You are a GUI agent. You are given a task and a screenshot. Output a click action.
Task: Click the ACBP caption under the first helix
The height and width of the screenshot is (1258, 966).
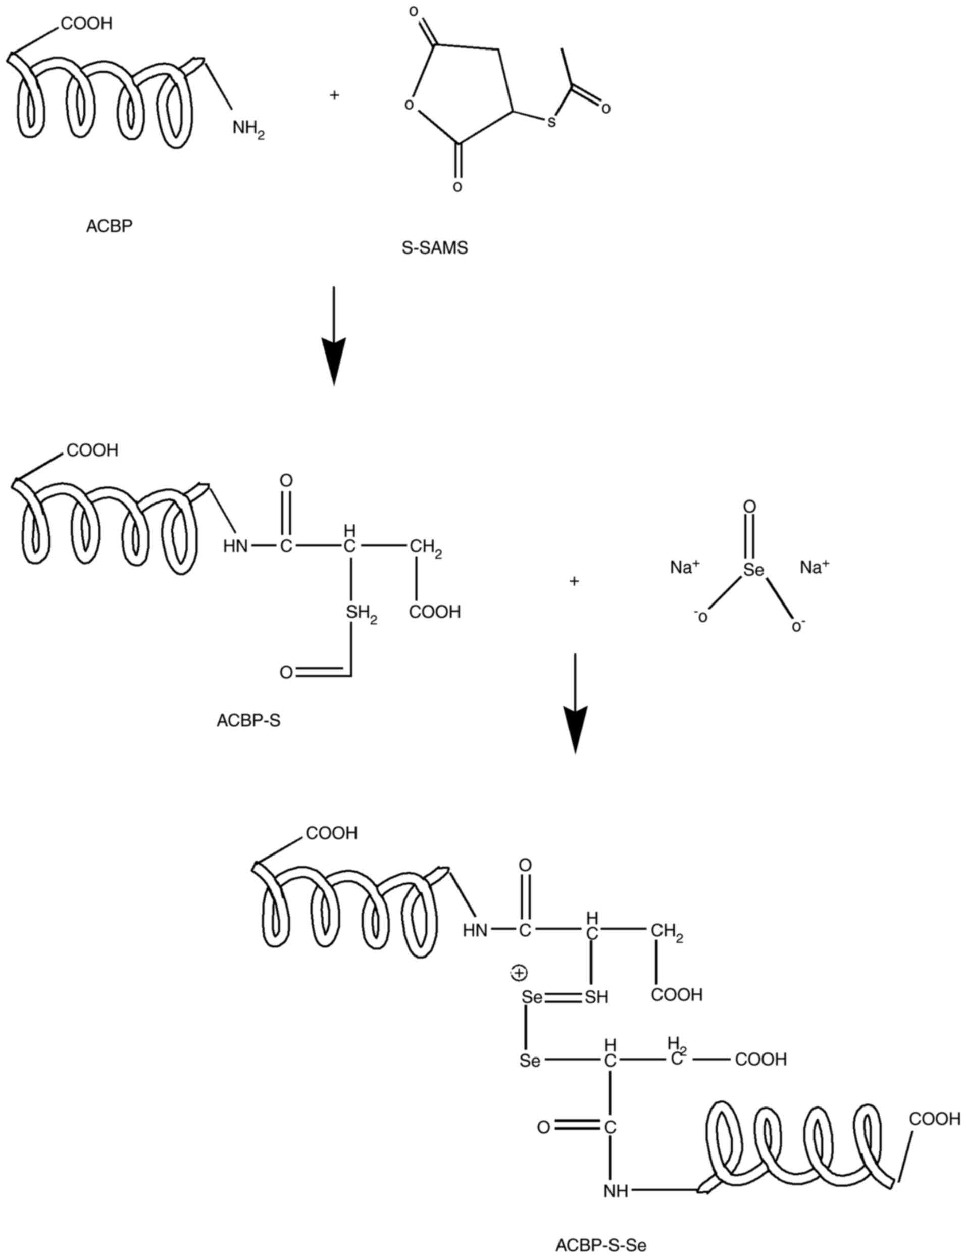point(109,226)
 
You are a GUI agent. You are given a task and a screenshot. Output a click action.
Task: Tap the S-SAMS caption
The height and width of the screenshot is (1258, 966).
point(435,248)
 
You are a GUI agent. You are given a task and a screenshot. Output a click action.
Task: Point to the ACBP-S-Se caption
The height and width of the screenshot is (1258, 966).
point(601,1241)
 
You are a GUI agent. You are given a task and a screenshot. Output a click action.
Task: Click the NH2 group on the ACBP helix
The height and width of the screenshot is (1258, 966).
point(248,128)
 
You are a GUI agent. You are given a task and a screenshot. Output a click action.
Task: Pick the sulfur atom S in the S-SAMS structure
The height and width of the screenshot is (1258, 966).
point(551,122)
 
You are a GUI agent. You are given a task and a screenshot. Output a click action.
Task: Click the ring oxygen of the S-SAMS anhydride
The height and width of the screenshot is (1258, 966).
point(409,105)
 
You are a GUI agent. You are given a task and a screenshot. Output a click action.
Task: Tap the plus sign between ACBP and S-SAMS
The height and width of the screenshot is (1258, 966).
point(334,95)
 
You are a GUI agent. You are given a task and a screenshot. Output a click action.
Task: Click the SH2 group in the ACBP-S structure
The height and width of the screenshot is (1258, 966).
point(361,614)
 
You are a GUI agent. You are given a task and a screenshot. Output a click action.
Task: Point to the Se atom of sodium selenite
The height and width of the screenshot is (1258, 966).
point(753,569)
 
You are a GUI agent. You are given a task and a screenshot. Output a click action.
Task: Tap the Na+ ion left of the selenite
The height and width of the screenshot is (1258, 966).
point(684,568)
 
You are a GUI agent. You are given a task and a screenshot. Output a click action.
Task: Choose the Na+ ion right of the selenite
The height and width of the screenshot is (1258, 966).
point(814,568)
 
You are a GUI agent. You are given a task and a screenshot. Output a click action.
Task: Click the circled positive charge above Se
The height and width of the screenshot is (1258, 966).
point(519,973)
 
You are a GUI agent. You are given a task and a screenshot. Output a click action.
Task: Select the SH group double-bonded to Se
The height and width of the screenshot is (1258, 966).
point(596,996)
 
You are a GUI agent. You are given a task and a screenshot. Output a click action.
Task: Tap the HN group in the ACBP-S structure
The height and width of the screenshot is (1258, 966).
point(236,545)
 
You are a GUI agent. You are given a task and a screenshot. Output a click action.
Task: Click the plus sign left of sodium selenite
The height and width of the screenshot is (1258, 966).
point(574,581)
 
